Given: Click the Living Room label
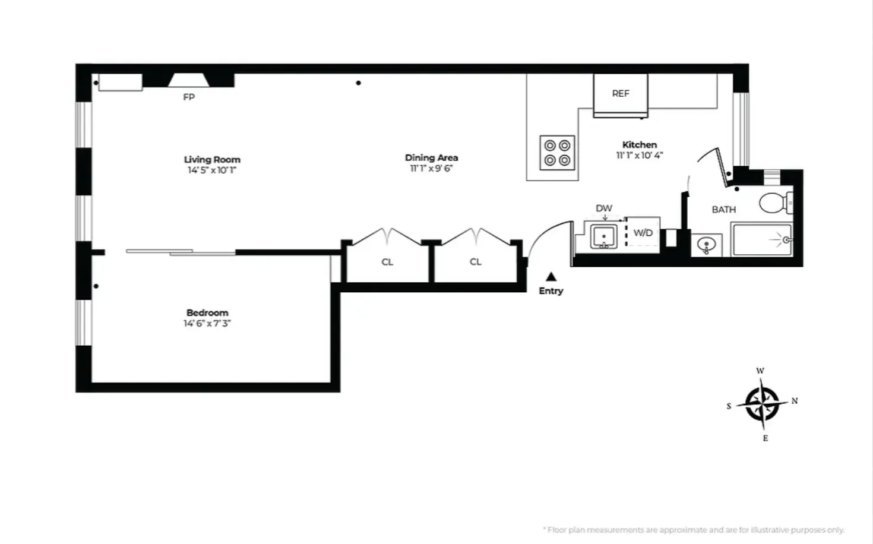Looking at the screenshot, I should pyautogui.click(x=212, y=159).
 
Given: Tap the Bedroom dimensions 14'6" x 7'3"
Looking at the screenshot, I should pyautogui.click(x=207, y=324).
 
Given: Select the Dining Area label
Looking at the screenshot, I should pyautogui.click(x=431, y=157).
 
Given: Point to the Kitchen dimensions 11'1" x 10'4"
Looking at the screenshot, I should pyautogui.click(x=639, y=156).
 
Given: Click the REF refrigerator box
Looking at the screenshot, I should pyautogui.click(x=621, y=93).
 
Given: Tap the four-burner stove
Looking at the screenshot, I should pyautogui.click(x=557, y=153).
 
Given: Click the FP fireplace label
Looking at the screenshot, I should pyautogui.click(x=189, y=97).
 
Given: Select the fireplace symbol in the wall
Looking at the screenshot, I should pyautogui.click(x=188, y=80).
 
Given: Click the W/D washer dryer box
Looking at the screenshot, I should pyautogui.click(x=643, y=233).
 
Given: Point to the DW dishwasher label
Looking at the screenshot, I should pyautogui.click(x=604, y=208).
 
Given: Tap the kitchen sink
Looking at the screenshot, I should pyautogui.click(x=604, y=236).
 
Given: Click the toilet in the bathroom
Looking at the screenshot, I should pyautogui.click(x=775, y=203).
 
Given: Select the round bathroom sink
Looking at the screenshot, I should pyautogui.click(x=707, y=244).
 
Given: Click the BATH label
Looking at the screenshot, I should pyautogui.click(x=723, y=210).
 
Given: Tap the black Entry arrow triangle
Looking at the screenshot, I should pyautogui.click(x=551, y=276).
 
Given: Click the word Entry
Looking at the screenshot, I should pyautogui.click(x=551, y=291).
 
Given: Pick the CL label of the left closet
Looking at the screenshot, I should pyautogui.click(x=387, y=262).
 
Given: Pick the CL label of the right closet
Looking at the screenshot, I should pyautogui.click(x=475, y=261).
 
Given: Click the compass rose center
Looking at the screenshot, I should pyautogui.click(x=763, y=404).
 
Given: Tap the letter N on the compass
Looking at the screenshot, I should pyautogui.click(x=795, y=401).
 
